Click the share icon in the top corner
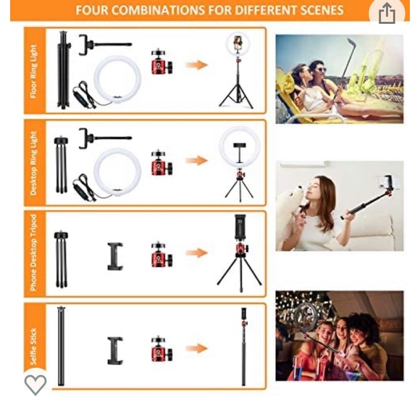pyautogui.click(x=387, y=13)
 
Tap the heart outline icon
pyautogui.click(x=35, y=385)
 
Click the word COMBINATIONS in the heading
pyautogui.click(x=158, y=10)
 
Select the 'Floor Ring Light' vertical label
pyautogui.click(x=34, y=71)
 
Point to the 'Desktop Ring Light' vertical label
pyautogui.click(x=33, y=164)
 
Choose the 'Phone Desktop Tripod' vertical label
pyautogui.click(x=33, y=253)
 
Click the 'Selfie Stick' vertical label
pyautogui.click(x=33, y=346)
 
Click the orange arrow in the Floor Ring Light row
pyautogui.click(x=197, y=65)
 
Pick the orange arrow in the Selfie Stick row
pyautogui.click(x=197, y=348)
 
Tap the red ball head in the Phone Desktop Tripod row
pyautogui.click(x=161, y=254)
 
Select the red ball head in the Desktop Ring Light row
pyautogui.click(x=161, y=163)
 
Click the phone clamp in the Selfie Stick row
pyautogui.click(x=115, y=350)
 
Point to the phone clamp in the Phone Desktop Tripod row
pyautogui.click(x=115, y=256)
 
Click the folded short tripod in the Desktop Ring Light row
pyautogui.click(x=61, y=164)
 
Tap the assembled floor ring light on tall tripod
pyautogui.click(x=237, y=72)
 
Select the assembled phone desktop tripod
pyautogui.click(x=240, y=253)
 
